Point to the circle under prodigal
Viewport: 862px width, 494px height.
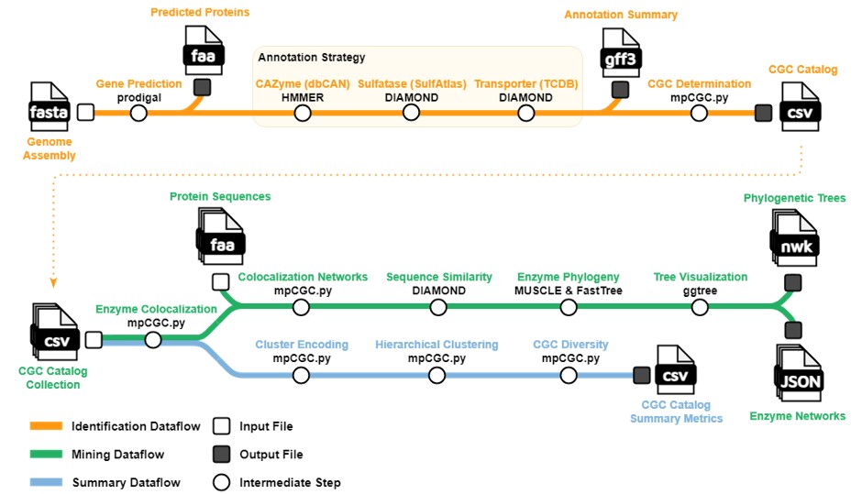point(138,113)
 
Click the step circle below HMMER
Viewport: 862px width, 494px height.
point(303,113)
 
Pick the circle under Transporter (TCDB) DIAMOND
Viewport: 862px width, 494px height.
point(526,113)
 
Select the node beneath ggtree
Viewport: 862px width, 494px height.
point(700,306)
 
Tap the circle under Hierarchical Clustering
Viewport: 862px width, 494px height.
point(437,375)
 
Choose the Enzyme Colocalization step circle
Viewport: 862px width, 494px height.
point(153,340)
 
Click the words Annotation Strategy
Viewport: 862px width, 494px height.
point(312,58)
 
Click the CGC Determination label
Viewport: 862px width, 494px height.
point(699,83)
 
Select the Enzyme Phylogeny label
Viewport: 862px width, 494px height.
point(568,277)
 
